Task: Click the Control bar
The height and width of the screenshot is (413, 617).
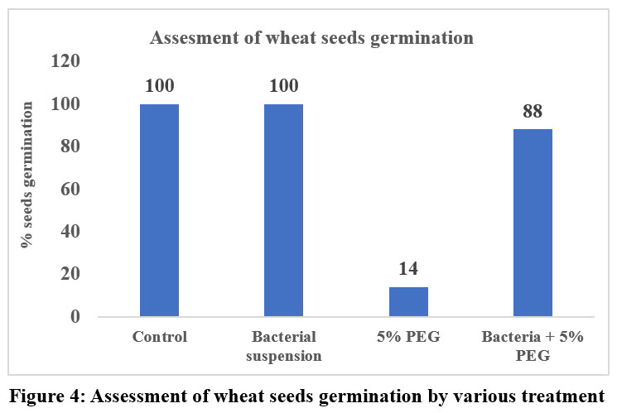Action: coord(160,210)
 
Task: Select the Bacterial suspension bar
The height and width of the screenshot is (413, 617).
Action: coord(283,210)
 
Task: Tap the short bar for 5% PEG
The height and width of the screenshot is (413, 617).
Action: coord(408,301)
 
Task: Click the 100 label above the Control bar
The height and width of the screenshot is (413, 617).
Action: coord(160,86)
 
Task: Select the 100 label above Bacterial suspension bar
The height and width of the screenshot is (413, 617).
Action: coord(283,86)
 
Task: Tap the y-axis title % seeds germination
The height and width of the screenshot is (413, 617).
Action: coord(28,174)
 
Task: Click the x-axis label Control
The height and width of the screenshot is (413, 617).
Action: coord(160,337)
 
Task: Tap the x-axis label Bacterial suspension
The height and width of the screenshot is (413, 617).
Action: coord(283,345)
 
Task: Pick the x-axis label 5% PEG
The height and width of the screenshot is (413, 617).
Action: coord(408,337)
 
